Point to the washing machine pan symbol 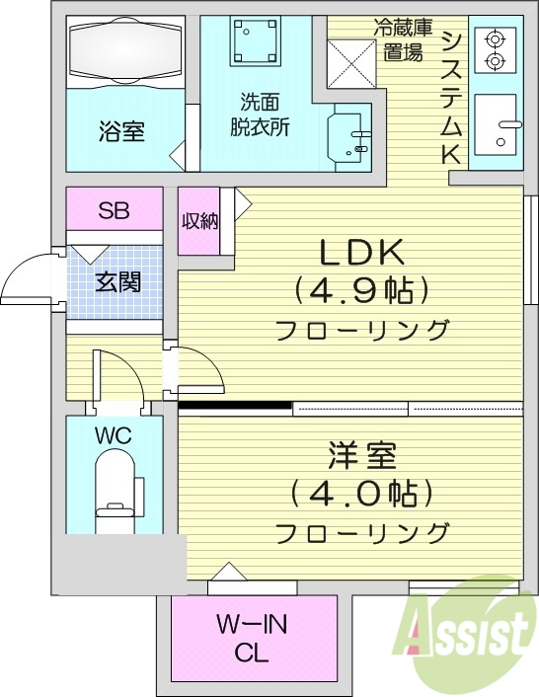tap(255, 41)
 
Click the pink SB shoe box tap(114, 209)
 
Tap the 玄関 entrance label tap(115, 281)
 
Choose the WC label tap(114, 434)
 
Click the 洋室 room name tap(362, 456)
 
